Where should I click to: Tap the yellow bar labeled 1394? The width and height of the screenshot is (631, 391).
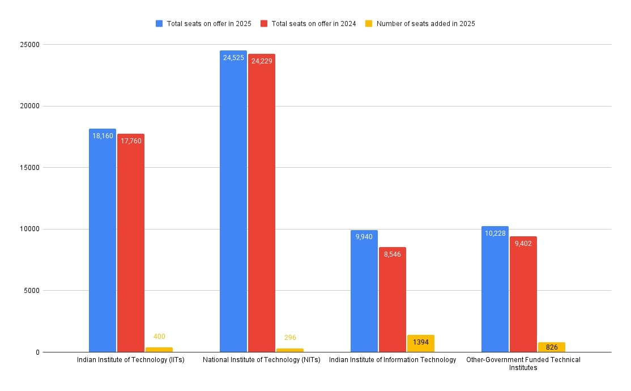pyautogui.click(x=420, y=344)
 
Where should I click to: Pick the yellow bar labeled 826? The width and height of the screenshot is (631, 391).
pyautogui.click(x=551, y=347)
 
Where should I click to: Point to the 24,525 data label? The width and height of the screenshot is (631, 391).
pyautogui.click(x=233, y=58)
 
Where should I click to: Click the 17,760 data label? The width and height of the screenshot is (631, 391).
pyautogui.click(x=131, y=141)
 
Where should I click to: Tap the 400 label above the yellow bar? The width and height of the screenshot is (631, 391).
pyautogui.click(x=159, y=337)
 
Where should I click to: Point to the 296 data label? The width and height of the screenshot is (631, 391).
pyautogui.click(x=290, y=338)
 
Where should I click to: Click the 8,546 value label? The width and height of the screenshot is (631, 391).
pyautogui.click(x=392, y=254)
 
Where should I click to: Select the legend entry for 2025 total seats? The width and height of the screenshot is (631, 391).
pyautogui.click(x=204, y=24)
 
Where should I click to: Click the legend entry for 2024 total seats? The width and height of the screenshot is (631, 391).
pyautogui.click(x=309, y=24)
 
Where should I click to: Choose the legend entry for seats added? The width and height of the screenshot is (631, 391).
pyautogui.click(x=420, y=24)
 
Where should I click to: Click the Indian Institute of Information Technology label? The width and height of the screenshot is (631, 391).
pyautogui.click(x=393, y=360)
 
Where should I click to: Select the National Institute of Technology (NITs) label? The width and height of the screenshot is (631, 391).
pyautogui.click(x=261, y=360)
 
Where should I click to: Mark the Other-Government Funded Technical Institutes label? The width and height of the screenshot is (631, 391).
pyautogui.click(x=523, y=363)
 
